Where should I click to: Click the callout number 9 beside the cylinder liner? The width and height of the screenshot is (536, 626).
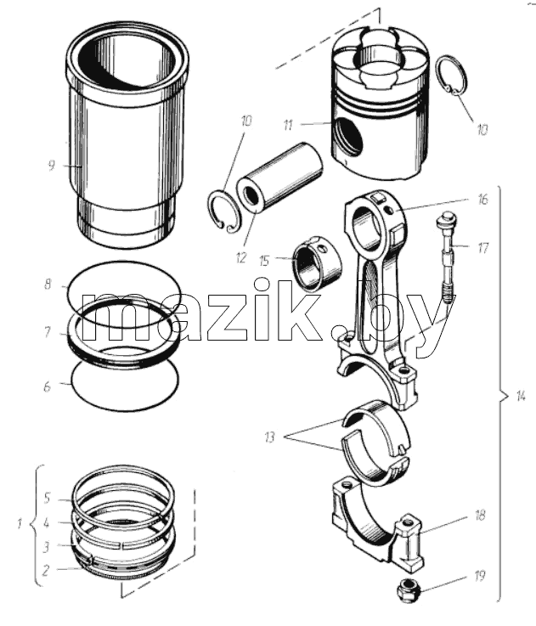(51, 165)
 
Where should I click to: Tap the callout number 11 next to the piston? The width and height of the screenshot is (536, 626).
(288, 125)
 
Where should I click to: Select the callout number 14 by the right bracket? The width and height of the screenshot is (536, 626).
(521, 397)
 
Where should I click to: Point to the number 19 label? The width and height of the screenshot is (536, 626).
(479, 576)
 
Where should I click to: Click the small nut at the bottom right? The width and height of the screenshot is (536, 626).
(404, 588)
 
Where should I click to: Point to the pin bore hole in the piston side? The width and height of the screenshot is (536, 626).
(348, 136)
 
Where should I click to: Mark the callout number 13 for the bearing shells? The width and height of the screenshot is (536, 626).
(270, 437)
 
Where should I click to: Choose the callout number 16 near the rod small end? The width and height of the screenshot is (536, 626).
(482, 200)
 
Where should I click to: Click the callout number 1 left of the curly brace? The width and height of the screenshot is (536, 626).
(20, 523)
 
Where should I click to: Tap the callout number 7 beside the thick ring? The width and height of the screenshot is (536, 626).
(48, 332)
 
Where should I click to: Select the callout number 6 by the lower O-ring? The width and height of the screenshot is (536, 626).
(47, 386)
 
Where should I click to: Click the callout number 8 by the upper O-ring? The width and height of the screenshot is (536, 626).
(48, 285)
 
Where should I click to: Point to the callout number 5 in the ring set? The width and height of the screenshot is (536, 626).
(47, 498)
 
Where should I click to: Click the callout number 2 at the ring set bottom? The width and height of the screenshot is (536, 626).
(46, 570)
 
